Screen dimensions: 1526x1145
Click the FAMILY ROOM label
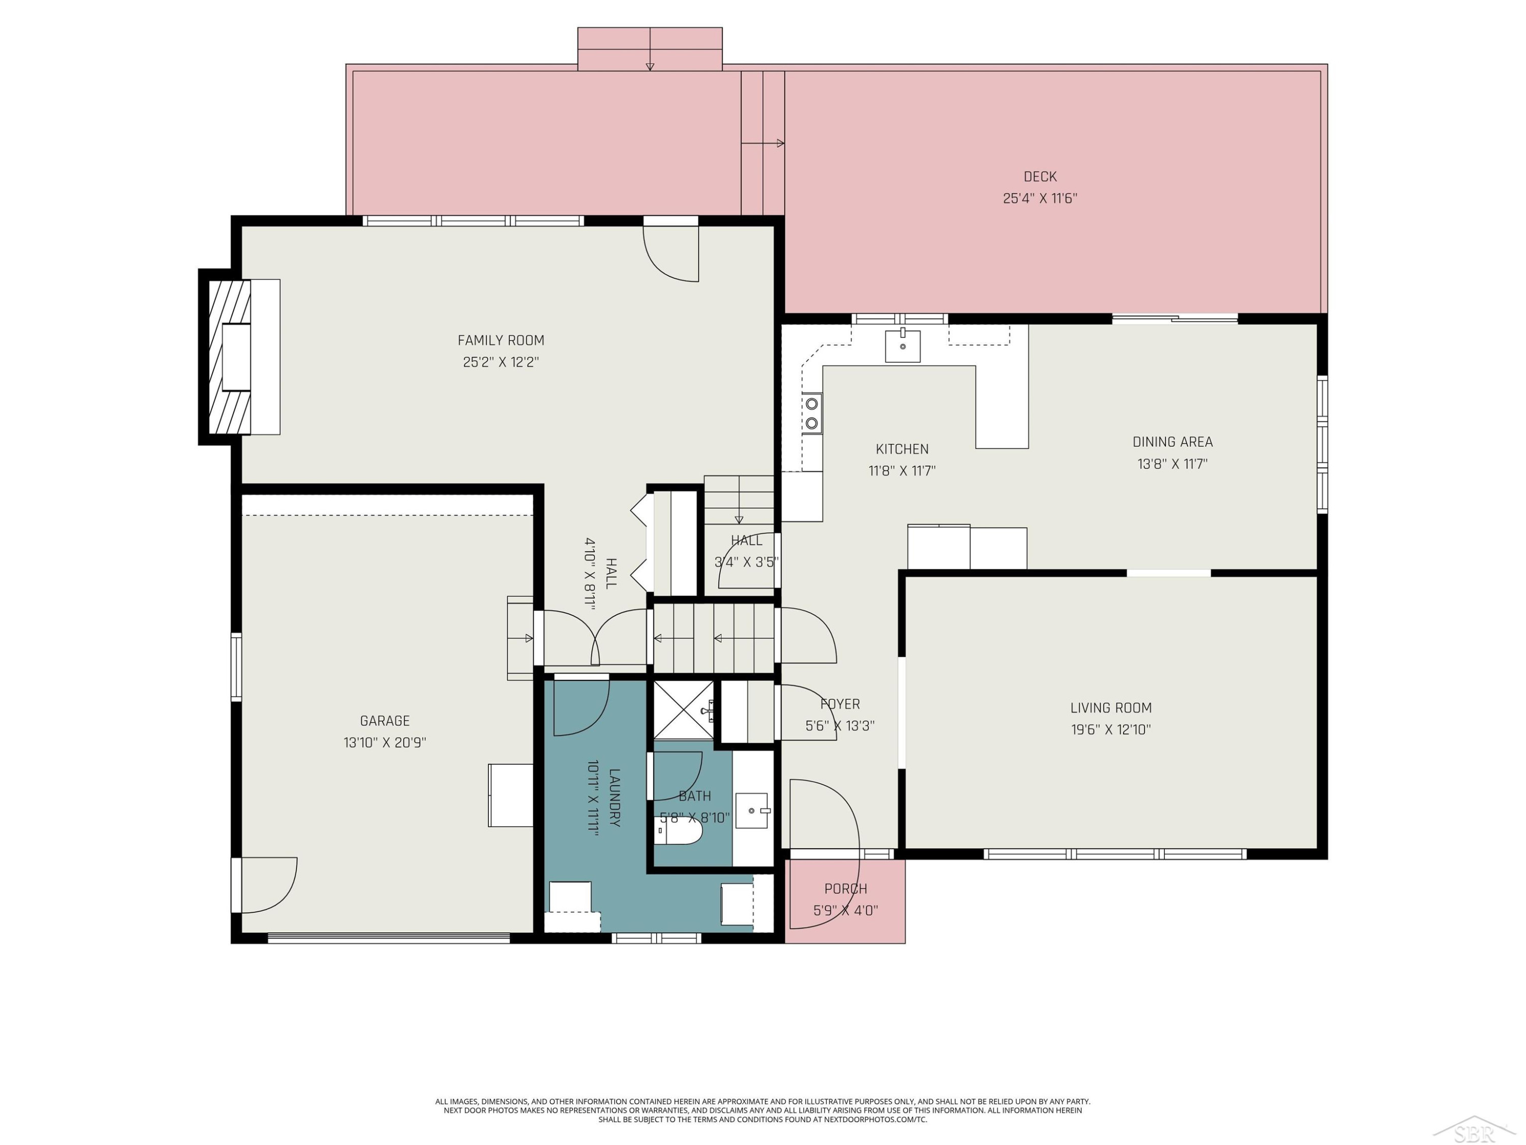501,340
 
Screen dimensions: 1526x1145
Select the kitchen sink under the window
902,345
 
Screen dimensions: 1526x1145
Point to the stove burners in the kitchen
812,413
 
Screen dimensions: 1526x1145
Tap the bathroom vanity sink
752,810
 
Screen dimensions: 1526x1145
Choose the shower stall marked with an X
684,710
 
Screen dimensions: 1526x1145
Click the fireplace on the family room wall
240,357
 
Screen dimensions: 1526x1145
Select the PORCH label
846,889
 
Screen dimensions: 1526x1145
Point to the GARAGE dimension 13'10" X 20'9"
385,742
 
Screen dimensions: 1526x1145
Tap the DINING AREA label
1172,442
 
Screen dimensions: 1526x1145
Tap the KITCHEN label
902,449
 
